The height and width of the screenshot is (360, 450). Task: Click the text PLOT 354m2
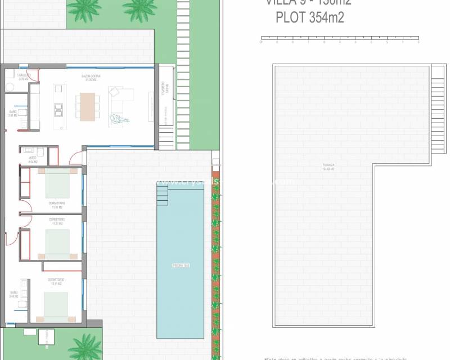[310, 17]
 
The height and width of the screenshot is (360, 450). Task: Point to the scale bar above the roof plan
[340, 39]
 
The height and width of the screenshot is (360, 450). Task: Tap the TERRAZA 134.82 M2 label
[328, 166]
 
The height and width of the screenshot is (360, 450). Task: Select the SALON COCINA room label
[90, 78]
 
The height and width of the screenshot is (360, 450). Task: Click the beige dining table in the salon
[88, 106]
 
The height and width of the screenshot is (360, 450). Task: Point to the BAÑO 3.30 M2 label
[13, 114]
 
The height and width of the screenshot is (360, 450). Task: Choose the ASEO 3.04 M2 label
[32, 160]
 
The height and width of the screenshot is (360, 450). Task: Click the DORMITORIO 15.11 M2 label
[56, 281]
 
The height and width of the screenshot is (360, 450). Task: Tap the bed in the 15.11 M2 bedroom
[56, 307]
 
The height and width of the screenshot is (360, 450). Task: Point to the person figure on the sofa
[119, 119]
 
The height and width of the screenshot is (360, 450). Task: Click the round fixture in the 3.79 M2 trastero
[10, 86]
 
